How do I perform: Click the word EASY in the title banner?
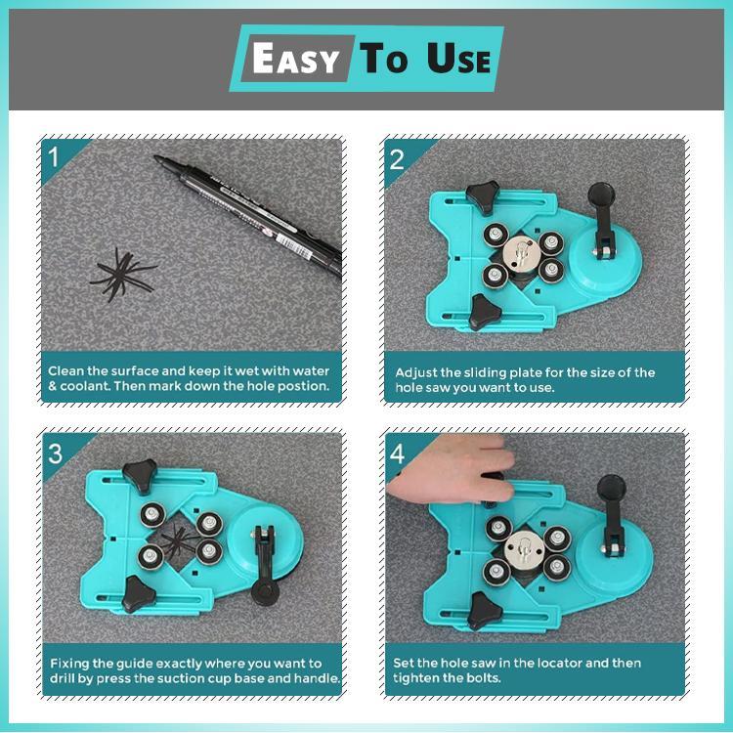point(294,60)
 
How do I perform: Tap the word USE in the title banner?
point(458,60)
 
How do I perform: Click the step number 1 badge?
point(55,157)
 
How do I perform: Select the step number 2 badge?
point(398,157)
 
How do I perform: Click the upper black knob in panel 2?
point(483,196)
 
